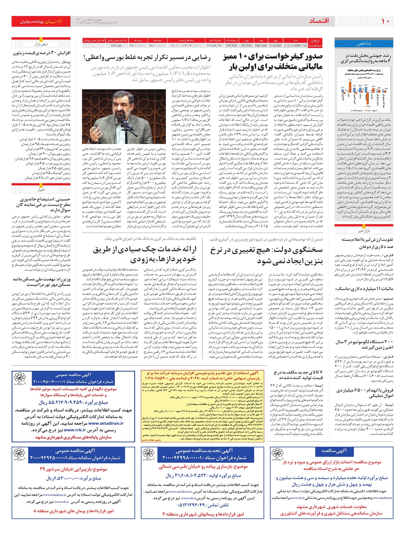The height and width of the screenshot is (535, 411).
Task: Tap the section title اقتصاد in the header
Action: [x=319, y=21]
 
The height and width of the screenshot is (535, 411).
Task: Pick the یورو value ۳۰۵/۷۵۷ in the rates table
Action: [x=275, y=45]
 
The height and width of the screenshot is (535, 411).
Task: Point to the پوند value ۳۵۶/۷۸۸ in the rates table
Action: [x=261, y=45]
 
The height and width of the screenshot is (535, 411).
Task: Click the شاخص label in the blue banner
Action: [x=364, y=44]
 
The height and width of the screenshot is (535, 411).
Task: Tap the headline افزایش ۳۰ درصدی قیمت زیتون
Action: [x=41, y=53]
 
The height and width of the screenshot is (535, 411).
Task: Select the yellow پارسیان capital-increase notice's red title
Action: [x=202, y=375]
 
